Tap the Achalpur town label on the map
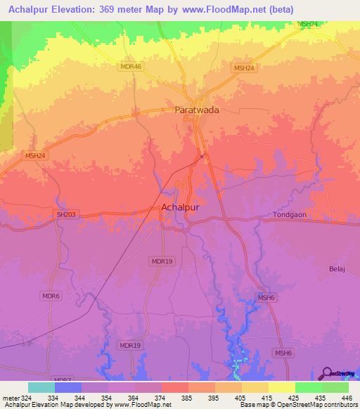[x=181, y=208]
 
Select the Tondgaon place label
[x=290, y=215]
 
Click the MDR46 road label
[x=131, y=66]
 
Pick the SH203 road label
[x=65, y=214]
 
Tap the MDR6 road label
[x=50, y=297]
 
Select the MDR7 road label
[x=62, y=379]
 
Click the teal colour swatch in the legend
[x=41, y=387]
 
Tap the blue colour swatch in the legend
[x=67, y=387]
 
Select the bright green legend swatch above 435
[x=308, y=387]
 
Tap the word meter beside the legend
[x=10, y=398]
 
